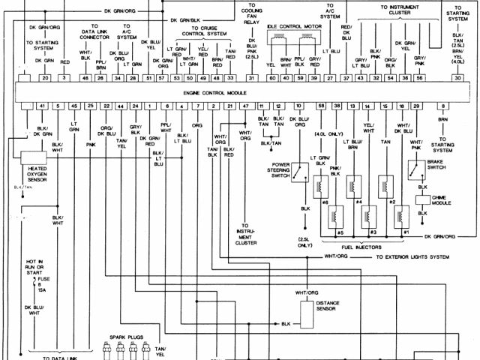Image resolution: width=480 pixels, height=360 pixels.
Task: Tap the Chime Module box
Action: tap(422, 202)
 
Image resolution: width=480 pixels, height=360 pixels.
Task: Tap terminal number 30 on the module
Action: tap(457, 78)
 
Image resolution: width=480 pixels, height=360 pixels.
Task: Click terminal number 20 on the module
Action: tap(46, 78)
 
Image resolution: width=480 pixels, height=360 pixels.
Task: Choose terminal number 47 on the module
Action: tap(245, 106)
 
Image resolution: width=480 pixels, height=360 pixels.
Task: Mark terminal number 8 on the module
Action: tap(444, 106)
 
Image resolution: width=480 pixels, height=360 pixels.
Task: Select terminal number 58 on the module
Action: tap(321, 106)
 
